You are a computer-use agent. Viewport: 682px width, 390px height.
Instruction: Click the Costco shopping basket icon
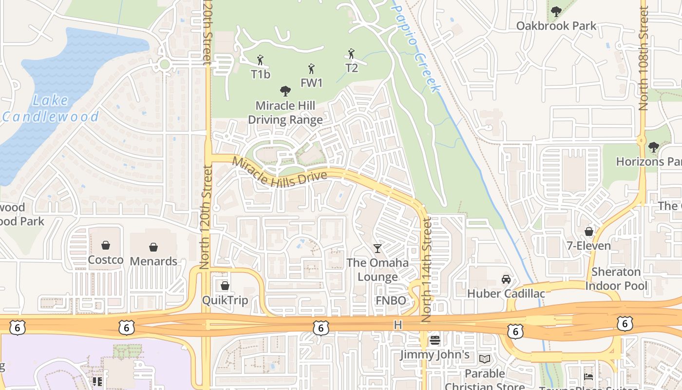(105, 245)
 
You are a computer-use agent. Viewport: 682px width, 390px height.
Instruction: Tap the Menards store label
(153, 261)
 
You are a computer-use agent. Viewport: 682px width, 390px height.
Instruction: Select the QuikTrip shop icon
(225, 286)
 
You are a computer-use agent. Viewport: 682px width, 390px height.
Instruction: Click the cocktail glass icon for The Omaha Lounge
(378, 249)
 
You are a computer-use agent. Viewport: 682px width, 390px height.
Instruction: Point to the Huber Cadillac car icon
(506, 279)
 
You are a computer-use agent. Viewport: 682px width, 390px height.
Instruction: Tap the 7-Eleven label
(588, 246)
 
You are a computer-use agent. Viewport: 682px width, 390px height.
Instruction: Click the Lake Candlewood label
(51, 109)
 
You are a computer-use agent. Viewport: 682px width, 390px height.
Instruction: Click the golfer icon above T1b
(260, 60)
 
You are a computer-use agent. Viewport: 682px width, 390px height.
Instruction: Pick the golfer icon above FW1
(311, 69)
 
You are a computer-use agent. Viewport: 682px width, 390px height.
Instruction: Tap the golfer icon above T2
(351, 54)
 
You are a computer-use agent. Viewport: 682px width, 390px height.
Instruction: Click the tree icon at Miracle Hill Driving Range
(285, 91)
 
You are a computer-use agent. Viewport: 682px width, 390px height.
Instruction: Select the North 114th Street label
(427, 269)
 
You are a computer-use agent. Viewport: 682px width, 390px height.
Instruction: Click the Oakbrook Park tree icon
(556, 12)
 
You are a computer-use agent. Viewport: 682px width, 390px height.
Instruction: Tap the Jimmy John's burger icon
(435, 340)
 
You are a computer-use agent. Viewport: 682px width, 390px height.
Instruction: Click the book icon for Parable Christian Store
(484, 359)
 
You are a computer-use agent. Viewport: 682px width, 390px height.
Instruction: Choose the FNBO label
(391, 301)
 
